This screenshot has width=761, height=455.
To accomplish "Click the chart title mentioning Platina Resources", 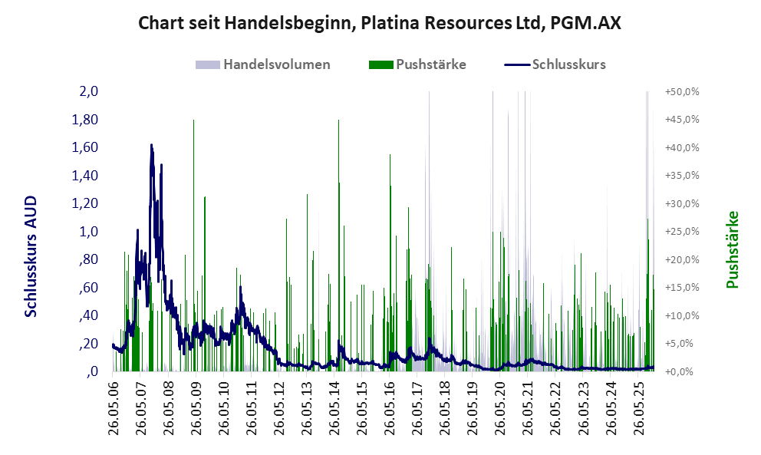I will pos(380,23).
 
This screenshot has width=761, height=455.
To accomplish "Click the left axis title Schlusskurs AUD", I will pos(31,256).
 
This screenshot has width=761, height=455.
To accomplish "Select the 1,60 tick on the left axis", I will pos(86,148).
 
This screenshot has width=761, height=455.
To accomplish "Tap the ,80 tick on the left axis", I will pos(89,260).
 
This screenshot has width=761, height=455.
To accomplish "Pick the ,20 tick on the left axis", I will pos(89,344).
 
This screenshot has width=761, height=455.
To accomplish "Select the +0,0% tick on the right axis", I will pos(683,372).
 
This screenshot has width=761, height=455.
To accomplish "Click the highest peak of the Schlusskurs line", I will pos(151,145).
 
